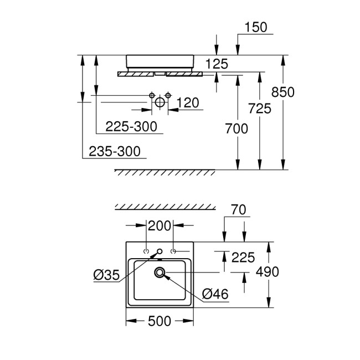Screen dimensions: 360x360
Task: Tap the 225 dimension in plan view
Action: pyautogui.click(x=243, y=257)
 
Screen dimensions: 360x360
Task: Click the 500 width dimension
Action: pyautogui.click(x=158, y=321)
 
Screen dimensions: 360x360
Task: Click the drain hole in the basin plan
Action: pyautogui.click(x=161, y=271)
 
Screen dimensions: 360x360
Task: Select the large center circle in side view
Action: pyautogui.click(x=160, y=102)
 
